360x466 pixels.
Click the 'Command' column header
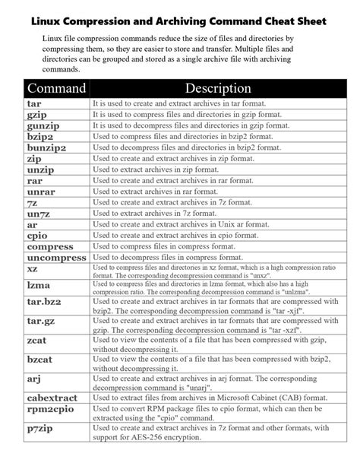56,88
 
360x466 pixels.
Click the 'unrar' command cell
41,192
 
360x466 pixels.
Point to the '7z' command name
33,204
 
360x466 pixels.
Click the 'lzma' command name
39,287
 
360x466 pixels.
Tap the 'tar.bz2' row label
44,305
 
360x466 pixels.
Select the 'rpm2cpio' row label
50,411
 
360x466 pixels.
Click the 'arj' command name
35,378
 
